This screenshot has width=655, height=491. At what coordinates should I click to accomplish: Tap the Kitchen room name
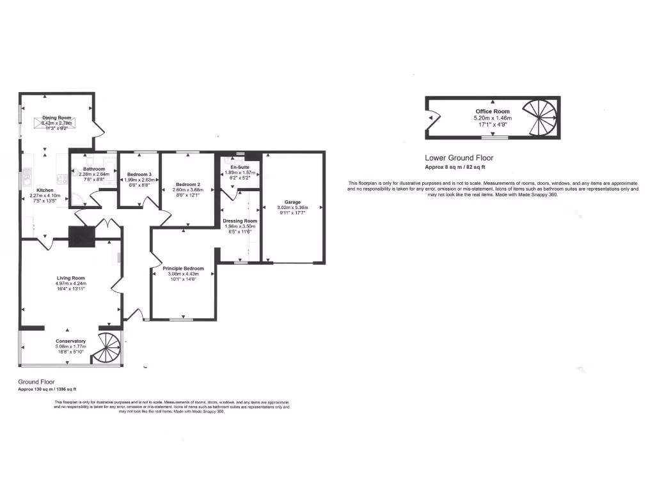pos(45,190)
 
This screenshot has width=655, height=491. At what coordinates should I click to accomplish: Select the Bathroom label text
pos(94,169)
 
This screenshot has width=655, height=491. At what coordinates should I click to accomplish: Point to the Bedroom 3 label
pos(139,175)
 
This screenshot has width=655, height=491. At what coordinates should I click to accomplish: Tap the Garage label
pos(292,202)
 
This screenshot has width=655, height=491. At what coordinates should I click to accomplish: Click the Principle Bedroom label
pos(183,269)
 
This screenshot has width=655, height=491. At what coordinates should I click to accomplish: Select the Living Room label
pos(70,278)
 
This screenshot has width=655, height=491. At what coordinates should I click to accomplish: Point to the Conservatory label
pos(70,341)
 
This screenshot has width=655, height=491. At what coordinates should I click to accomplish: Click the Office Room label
pos(493,112)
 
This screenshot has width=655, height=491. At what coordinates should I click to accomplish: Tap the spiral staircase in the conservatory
pos(107,348)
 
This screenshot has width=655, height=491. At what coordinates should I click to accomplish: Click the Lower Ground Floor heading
pos(459,158)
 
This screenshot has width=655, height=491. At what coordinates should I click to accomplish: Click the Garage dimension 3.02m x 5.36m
pos(292,208)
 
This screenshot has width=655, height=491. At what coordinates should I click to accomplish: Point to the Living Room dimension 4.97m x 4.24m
pos(70,284)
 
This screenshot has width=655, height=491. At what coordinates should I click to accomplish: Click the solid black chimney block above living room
pos(81,237)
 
